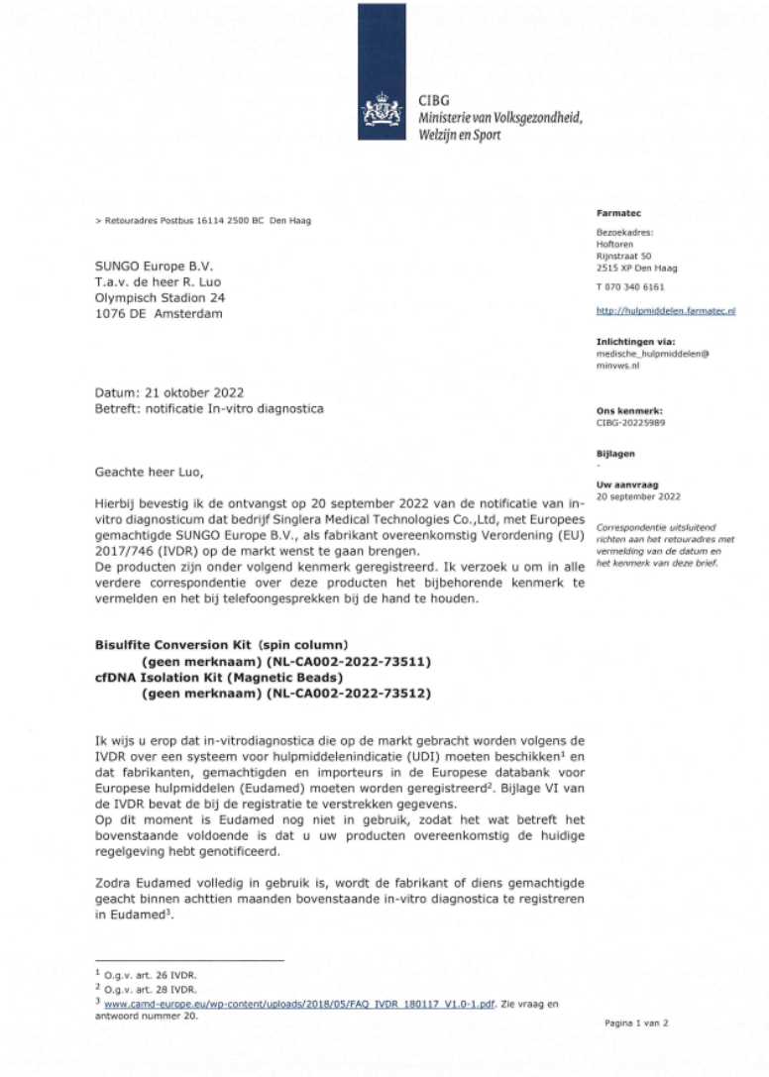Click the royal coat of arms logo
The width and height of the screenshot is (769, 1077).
click(x=382, y=109)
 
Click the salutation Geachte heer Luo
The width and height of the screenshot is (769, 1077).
click(x=145, y=475)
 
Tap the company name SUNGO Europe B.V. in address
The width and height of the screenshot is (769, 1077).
click(x=153, y=267)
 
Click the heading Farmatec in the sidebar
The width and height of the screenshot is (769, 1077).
click(x=615, y=213)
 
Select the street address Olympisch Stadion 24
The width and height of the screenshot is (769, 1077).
click(x=159, y=298)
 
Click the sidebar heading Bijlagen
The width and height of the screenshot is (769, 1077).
click(x=615, y=453)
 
